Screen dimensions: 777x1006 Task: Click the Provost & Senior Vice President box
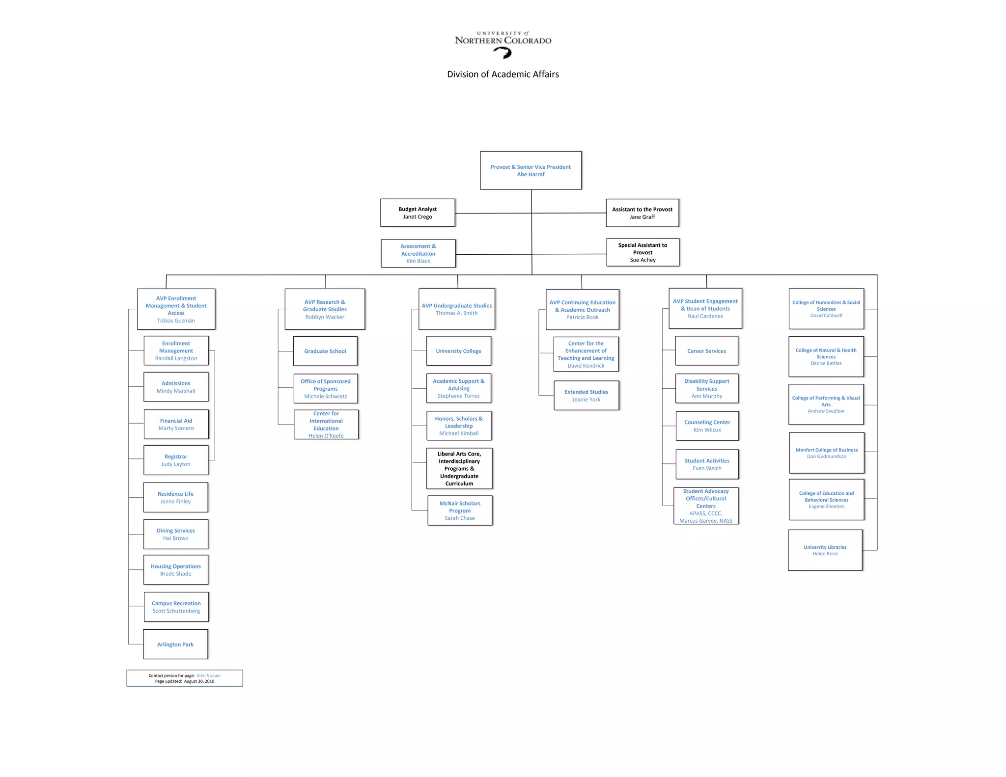[531, 170]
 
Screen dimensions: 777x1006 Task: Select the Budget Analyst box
[418, 213]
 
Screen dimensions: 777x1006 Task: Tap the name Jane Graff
[642, 217]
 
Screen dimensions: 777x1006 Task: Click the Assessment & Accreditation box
[418, 253]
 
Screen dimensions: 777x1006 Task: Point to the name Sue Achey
[643, 260]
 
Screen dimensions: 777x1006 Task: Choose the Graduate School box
[325, 351]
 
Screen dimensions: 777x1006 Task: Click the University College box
[458, 351]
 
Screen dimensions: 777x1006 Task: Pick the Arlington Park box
[175, 644]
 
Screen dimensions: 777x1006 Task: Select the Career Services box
[706, 351]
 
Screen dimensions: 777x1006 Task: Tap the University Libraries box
[825, 550]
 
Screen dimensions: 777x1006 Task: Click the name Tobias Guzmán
[176, 321]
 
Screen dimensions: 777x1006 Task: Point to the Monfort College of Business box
[826, 453]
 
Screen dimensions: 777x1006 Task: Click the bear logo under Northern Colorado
[503, 53]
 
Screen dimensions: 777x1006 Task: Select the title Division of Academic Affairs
[503, 74]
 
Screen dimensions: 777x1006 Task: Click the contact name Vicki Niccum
[208, 675]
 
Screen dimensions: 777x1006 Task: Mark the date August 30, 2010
[199, 681]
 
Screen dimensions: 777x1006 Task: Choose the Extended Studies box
[586, 395]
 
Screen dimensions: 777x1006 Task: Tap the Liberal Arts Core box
[459, 468]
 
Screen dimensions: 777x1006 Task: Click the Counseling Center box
[707, 426]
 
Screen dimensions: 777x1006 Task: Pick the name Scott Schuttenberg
[176, 611]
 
